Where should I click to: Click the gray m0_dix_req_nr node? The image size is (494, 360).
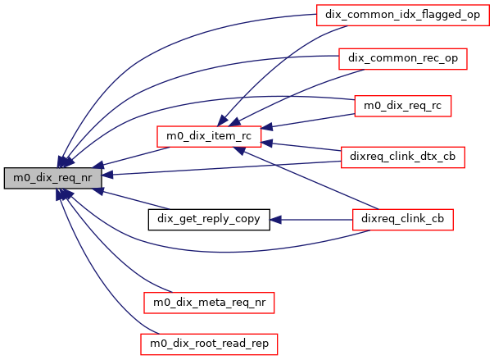(x=52, y=176)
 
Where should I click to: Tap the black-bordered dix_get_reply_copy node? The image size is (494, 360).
(x=208, y=219)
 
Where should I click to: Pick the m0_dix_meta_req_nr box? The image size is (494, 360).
(x=208, y=302)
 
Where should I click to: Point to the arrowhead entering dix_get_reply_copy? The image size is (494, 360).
(x=276, y=219)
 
